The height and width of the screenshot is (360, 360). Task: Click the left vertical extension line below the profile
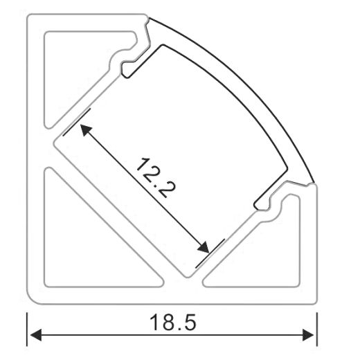28,329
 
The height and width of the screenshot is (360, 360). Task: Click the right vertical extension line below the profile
316,329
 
